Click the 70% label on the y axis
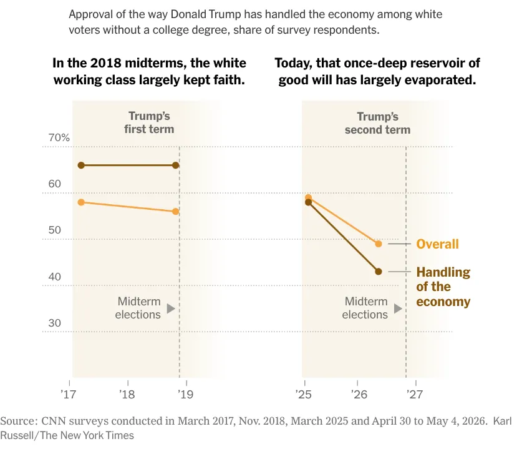pos(59,137)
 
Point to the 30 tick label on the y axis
pos(55,323)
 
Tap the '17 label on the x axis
pos(68,394)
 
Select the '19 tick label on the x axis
pos(186,394)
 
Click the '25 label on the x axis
pos(303,394)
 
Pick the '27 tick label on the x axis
pos(415,394)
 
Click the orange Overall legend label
pos(437,244)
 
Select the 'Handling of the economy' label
pos(443,287)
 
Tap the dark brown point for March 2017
pos(81,165)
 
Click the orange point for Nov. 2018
pos(176,211)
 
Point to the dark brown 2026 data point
pos(379,272)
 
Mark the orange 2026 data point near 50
pos(379,244)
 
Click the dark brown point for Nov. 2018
pos(176,165)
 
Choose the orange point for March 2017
pos(81,202)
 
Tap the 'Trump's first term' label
pos(149,122)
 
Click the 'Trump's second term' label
pos(377,123)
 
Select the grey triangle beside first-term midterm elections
pos(170,308)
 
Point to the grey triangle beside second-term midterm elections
pos(398,308)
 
